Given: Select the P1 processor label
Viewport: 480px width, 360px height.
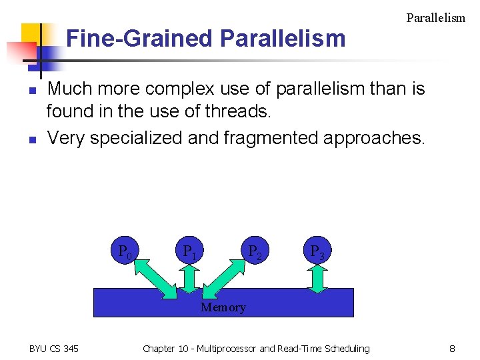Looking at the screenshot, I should (x=189, y=253).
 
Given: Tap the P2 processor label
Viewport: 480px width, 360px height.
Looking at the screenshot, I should (x=254, y=253).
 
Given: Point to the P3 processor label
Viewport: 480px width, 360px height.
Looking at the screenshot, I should (x=317, y=253).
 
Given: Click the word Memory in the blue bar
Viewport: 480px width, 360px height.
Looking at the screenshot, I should (x=223, y=307).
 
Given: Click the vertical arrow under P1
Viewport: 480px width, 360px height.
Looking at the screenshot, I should (x=189, y=279).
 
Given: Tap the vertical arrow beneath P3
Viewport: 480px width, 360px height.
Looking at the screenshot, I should (x=317, y=279).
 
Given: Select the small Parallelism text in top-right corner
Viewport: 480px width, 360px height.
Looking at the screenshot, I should (x=435, y=18).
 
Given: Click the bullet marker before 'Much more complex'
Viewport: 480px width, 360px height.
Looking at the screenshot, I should (x=31, y=90).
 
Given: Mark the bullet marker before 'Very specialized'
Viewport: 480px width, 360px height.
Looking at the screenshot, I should (x=31, y=139).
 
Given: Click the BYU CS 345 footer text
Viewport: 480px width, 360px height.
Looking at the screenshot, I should (x=54, y=348).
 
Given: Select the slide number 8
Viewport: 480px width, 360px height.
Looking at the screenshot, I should (x=452, y=348).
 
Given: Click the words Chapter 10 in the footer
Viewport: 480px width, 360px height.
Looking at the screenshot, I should (x=167, y=348).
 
